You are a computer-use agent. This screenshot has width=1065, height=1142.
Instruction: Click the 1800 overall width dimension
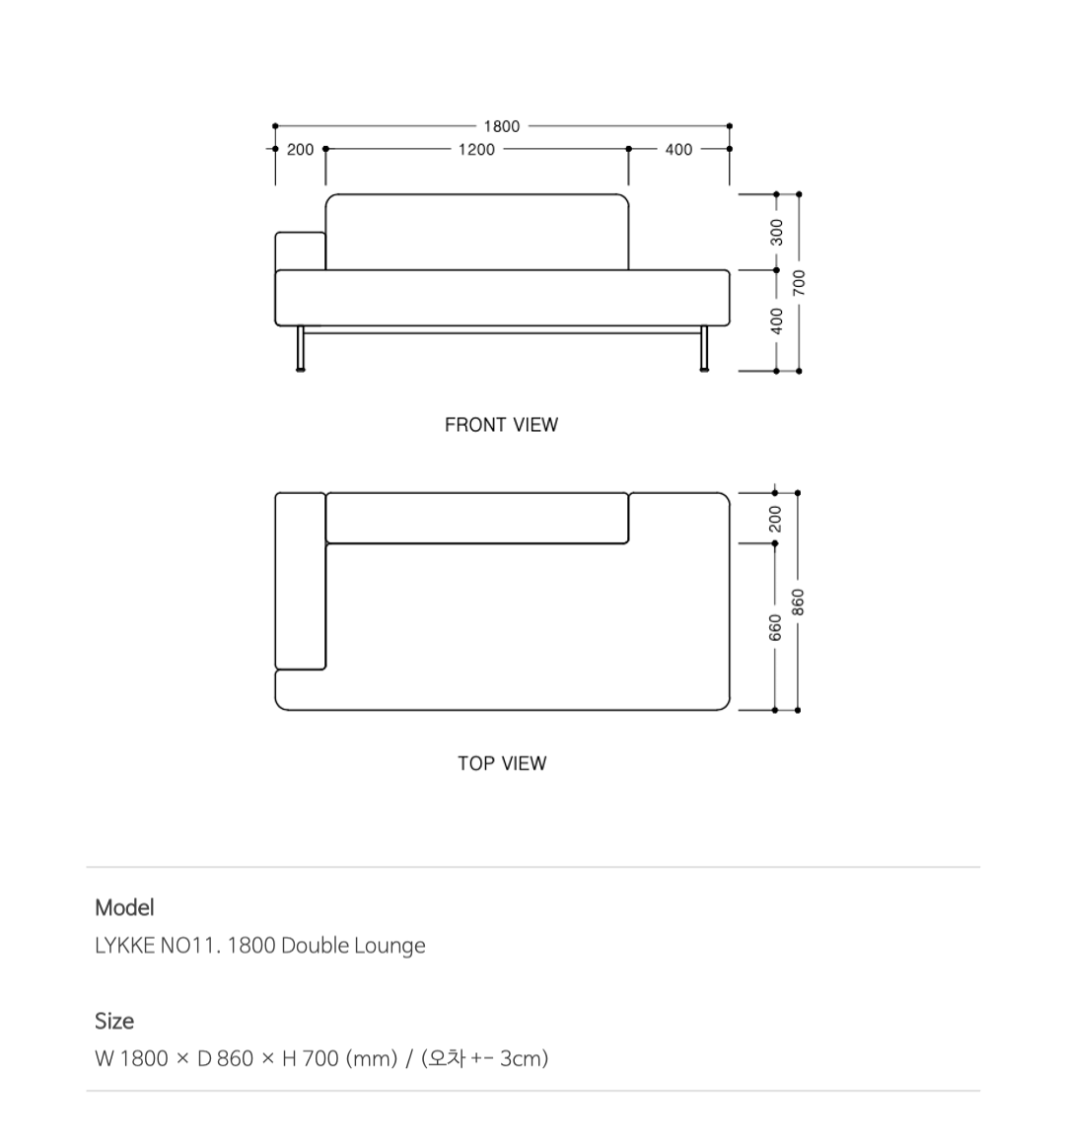(502, 127)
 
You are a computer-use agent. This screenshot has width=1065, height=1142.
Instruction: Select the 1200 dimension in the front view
(476, 150)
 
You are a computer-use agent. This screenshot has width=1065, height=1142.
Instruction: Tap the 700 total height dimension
(799, 283)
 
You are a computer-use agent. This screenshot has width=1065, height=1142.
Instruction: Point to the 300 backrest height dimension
(776, 233)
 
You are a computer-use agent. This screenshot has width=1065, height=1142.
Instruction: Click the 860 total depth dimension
(799, 603)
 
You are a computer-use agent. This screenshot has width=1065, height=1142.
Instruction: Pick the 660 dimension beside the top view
(775, 628)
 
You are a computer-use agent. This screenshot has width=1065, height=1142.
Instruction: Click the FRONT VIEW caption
(501, 425)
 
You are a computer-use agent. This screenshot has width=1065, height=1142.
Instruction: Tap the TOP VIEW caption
(502, 763)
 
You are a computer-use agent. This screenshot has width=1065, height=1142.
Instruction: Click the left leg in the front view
(300, 349)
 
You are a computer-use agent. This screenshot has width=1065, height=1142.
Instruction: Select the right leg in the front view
(704, 349)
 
